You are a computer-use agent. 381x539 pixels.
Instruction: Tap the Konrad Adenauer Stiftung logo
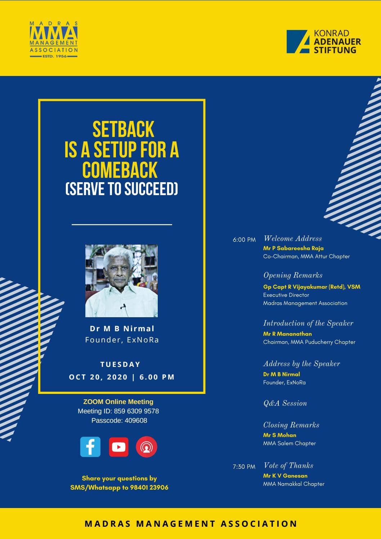[x=323, y=41]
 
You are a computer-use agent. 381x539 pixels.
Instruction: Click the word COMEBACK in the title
[x=120, y=170]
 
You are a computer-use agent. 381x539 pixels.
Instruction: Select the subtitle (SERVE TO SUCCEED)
[x=122, y=189]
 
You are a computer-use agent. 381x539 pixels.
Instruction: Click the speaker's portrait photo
[x=121, y=281]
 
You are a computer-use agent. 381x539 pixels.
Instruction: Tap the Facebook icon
[x=90, y=447]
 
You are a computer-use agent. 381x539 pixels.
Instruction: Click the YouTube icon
[x=118, y=447]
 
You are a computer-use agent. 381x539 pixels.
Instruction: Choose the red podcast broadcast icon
[x=147, y=447]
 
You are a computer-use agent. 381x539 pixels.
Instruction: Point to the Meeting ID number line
[x=118, y=411]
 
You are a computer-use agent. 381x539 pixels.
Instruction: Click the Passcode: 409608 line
[x=119, y=421]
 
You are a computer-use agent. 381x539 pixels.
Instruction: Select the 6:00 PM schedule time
[x=244, y=240]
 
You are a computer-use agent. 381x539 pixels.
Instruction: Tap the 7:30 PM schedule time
[x=244, y=467]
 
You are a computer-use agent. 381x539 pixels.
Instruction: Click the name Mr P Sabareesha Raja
[x=293, y=248]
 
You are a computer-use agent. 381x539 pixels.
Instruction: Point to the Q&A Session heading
[x=285, y=403]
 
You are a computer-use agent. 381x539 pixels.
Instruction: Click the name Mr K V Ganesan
[x=285, y=476]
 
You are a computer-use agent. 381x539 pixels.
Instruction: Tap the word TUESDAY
[x=120, y=364]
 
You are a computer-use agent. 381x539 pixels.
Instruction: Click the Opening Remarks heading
[x=293, y=275]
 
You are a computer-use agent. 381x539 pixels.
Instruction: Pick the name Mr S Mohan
[x=279, y=435]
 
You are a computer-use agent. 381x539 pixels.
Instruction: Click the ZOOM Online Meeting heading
[x=118, y=402]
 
